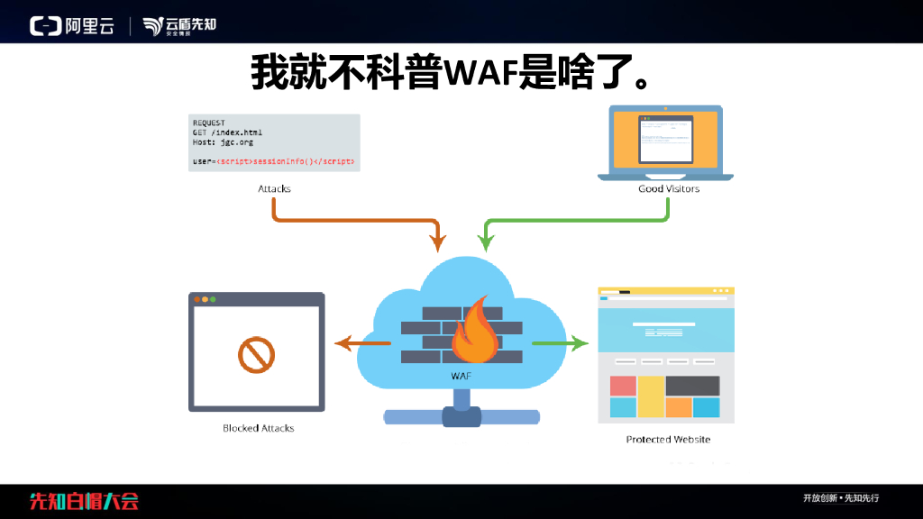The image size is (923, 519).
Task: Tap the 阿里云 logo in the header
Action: (x=72, y=26)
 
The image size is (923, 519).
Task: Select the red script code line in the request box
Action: (x=274, y=161)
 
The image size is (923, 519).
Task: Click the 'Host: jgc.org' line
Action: (x=223, y=142)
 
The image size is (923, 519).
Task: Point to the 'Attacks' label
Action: (x=274, y=188)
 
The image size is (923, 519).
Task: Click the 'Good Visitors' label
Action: (x=669, y=188)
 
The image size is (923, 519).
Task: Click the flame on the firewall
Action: (x=475, y=333)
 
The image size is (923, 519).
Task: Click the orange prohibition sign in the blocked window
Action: (x=256, y=354)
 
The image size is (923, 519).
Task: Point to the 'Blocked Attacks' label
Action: (x=259, y=428)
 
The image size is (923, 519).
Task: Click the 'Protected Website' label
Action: (x=668, y=439)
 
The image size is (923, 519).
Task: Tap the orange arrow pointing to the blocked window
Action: (x=361, y=343)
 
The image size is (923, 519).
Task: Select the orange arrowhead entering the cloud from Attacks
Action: (x=438, y=241)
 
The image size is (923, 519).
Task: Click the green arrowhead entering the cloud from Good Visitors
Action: (x=486, y=241)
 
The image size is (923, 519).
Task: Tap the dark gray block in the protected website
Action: (x=692, y=386)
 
